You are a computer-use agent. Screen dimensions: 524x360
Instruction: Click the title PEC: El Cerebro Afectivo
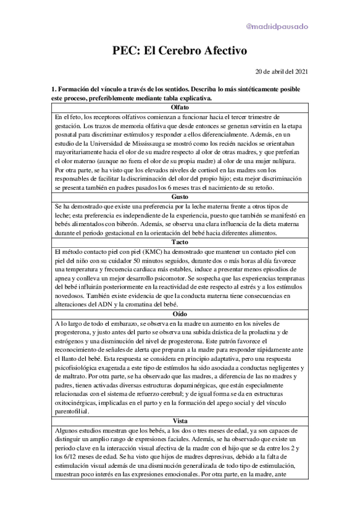(x=180, y=53)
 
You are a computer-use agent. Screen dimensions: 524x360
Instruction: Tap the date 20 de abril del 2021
(x=281, y=72)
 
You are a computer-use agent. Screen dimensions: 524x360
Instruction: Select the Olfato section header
(x=179, y=108)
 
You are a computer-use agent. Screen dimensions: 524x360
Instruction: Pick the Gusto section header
(x=179, y=196)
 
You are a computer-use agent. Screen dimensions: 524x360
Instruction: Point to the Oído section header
(x=179, y=315)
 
